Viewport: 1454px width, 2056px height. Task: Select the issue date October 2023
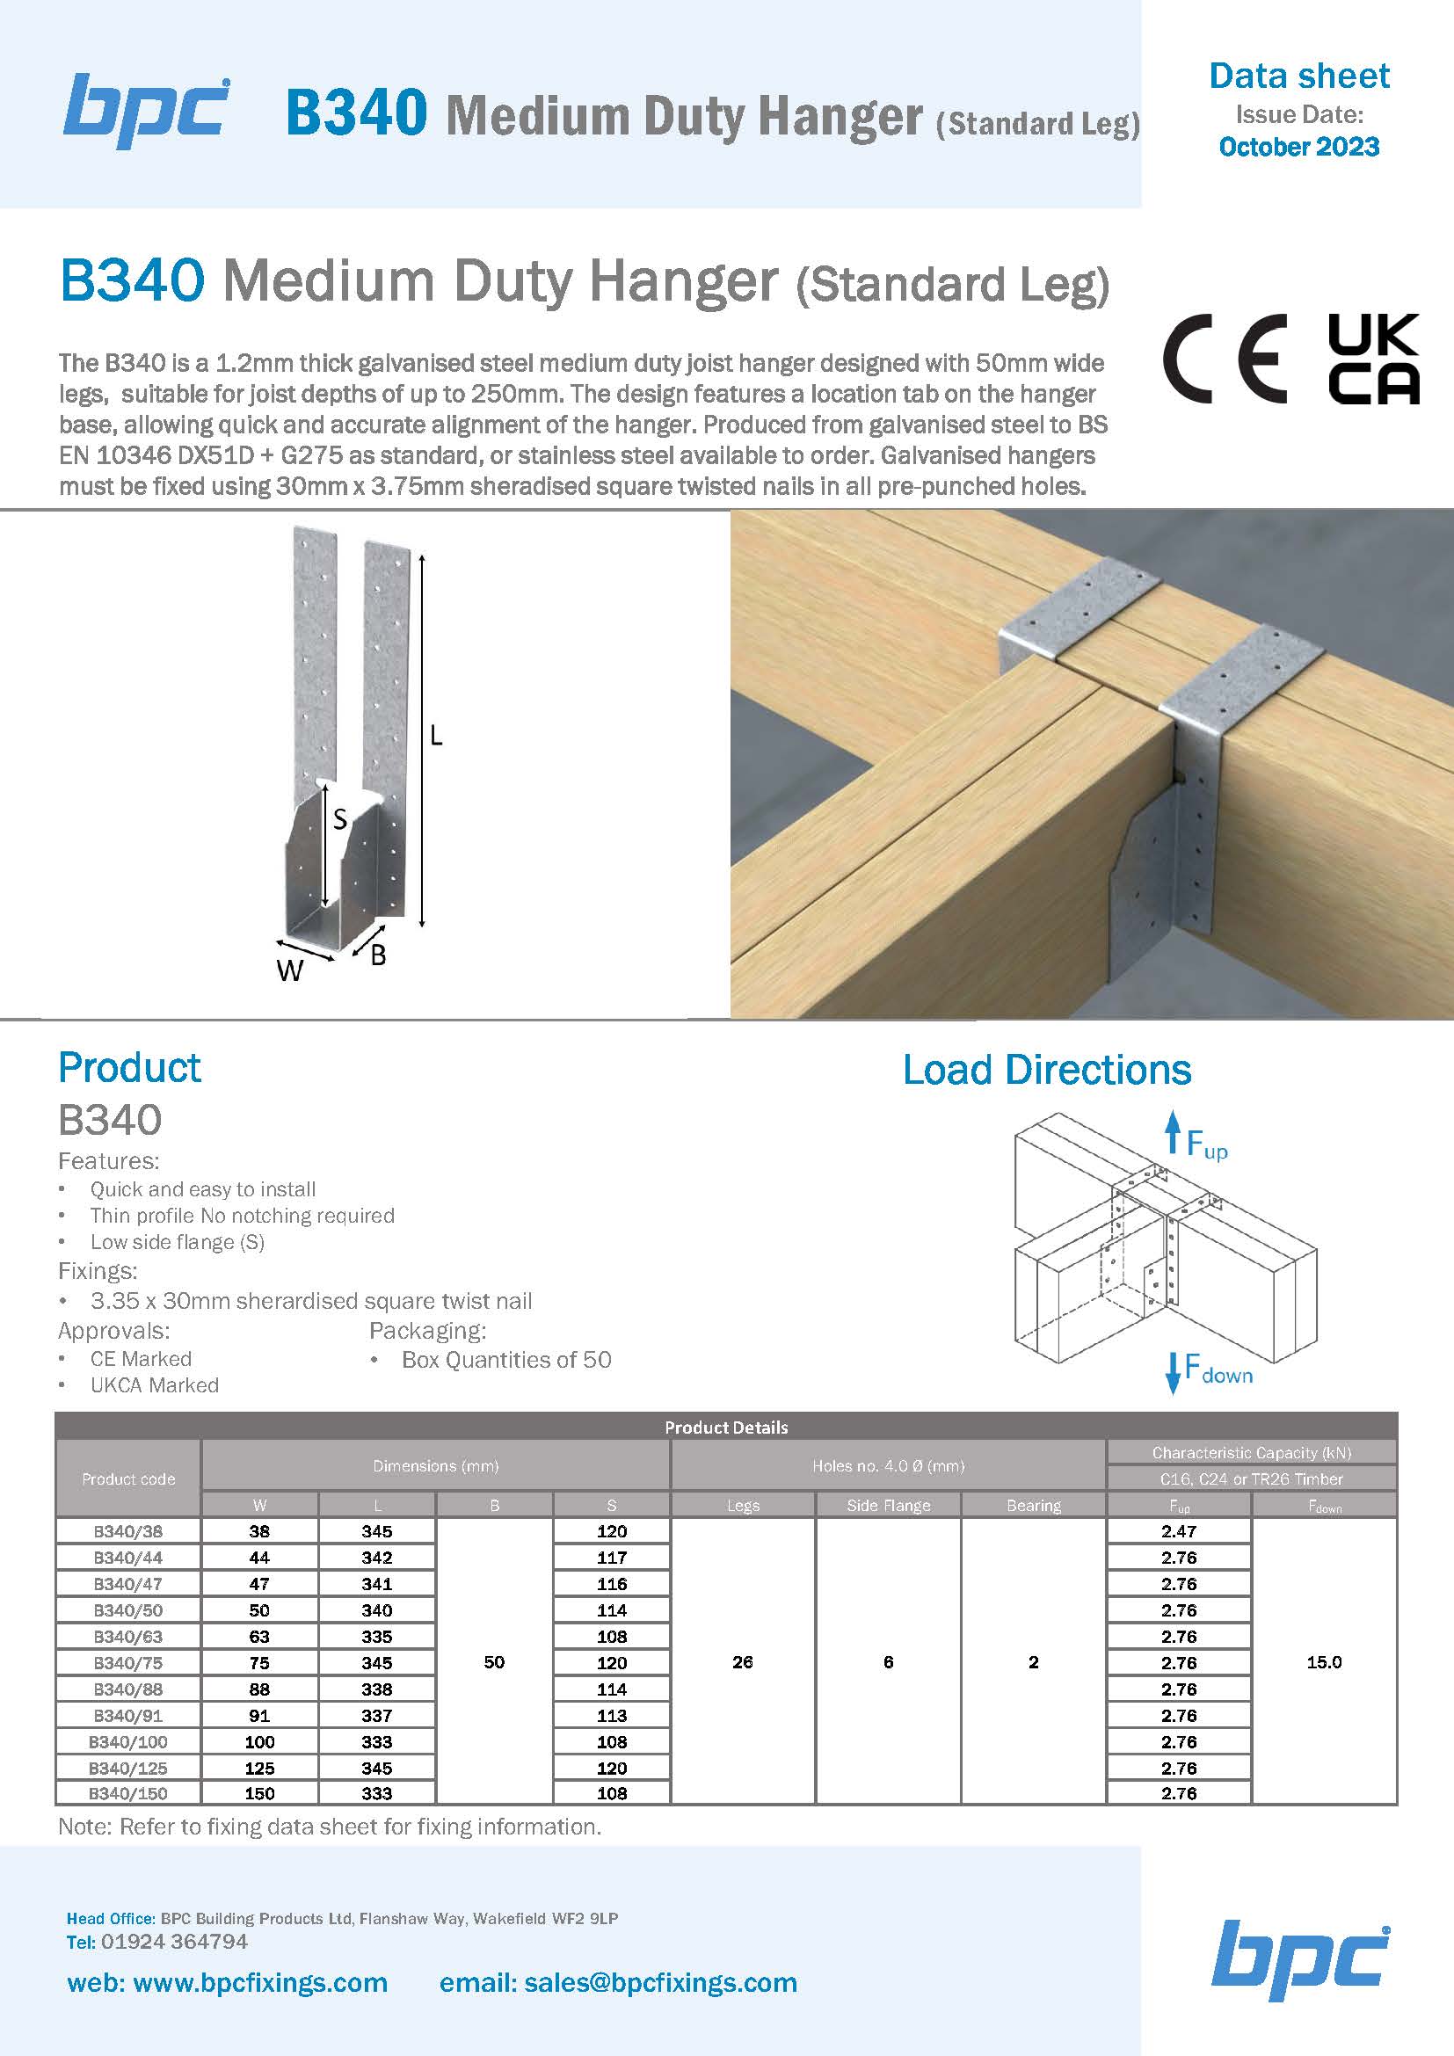coord(1298,147)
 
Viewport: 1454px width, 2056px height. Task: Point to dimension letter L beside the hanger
coord(436,736)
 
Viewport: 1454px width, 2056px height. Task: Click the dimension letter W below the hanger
coord(289,970)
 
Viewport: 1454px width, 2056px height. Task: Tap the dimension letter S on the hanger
coord(339,818)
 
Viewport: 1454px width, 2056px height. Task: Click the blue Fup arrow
coord(1172,1134)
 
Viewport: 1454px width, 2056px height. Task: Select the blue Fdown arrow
coord(1172,1373)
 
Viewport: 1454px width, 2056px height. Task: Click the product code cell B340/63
coord(128,1636)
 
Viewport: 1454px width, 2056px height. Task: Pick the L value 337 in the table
coord(377,1715)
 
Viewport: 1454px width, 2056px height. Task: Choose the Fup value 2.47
coord(1178,1531)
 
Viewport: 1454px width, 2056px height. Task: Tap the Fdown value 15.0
coord(1323,1662)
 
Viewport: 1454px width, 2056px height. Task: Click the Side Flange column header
coord(888,1505)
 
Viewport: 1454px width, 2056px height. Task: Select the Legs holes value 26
coord(742,1662)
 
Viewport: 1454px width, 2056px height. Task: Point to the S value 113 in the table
coord(612,1715)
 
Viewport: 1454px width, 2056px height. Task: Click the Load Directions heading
coord(1047,1070)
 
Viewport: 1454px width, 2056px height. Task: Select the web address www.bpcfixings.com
coord(258,1982)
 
